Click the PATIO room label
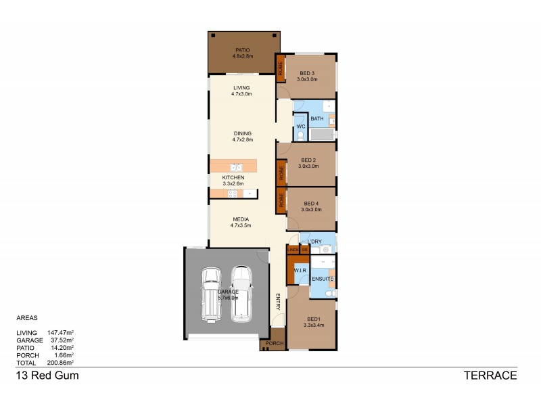[x=242, y=53]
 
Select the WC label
[x=301, y=127]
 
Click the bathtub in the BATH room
[x=322, y=135]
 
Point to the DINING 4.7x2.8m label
[x=242, y=137]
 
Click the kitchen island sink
[x=235, y=166]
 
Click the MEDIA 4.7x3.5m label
[x=242, y=223]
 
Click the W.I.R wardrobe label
[x=300, y=270]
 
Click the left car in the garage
[x=211, y=294]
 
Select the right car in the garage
[x=241, y=293]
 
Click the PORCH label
[x=273, y=344]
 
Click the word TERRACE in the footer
[x=490, y=376]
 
